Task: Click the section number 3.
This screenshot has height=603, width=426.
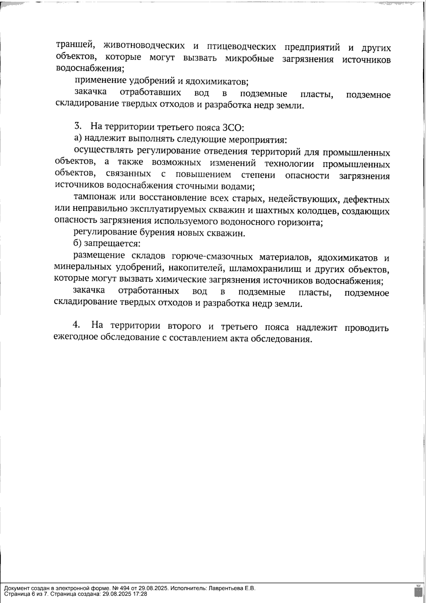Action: pos(78,126)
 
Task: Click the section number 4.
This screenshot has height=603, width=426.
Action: pos(76,325)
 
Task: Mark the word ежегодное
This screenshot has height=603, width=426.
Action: pos(75,337)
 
